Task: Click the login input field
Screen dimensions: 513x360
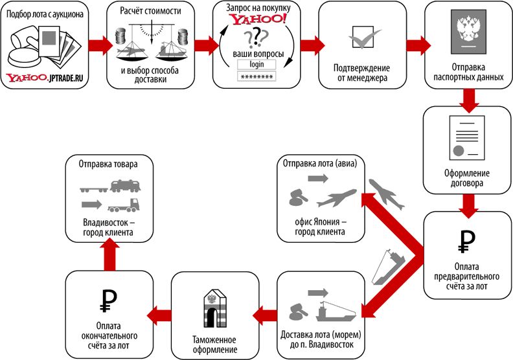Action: pyautogui.click(x=256, y=64)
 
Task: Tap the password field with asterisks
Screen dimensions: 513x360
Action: pyautogui.click(x=256, y=76)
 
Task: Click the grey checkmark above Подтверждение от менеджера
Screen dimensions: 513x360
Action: pyautogui.click(x=365, y=39)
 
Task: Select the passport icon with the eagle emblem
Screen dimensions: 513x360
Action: pyautogui.click(x=469, y=32)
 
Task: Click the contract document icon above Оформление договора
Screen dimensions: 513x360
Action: pyautogui.click(x=466, y=138)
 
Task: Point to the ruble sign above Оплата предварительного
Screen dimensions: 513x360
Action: pyautogui.click(x=466, y=242)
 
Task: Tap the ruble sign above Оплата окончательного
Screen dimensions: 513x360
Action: pyautogui.click(x=108, y=301)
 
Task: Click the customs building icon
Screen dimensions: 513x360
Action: pyautogui.click(x=214, y=308)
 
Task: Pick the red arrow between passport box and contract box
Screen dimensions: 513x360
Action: pyautogui.click(x=469, y=100)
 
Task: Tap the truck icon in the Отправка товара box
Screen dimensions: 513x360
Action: pyautogui.click(x=124, y=205)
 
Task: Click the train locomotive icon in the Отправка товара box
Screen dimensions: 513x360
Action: pyautogui.click(x=126, y=186)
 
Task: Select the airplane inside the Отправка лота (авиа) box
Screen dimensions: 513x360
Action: pyautogui.click(x=337, y=198)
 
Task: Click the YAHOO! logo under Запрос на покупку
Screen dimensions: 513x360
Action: pyautogui.click(x=259, y=19)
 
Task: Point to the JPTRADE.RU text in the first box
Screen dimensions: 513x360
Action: pyautogui.click(x=67, y=78)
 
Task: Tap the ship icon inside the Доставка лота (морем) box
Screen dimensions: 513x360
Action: pyautogui.click(x=336, y=311)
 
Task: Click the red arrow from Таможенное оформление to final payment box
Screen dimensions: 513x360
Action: pyautogui.click(x=159, y=315)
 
